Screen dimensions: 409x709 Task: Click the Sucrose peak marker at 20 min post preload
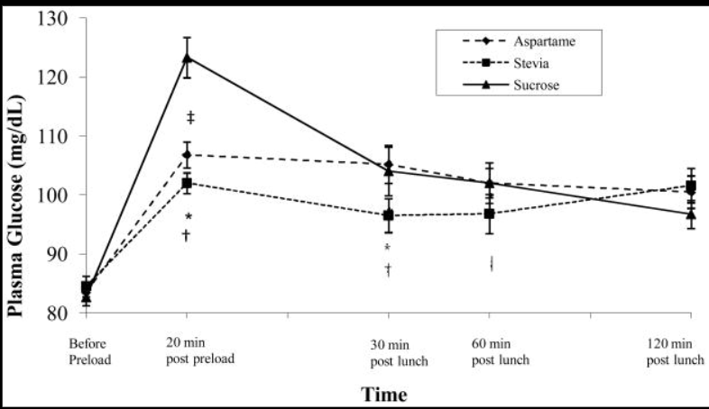(187, 58)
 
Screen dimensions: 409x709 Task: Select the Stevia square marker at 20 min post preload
(187, 183)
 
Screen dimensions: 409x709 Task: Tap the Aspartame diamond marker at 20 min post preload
(187, 155)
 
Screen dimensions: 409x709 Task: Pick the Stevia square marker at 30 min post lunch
(389, 215)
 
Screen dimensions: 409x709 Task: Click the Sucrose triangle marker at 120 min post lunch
(691, 214)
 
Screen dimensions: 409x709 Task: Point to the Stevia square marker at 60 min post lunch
(490, 214)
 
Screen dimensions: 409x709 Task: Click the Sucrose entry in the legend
(531, 86)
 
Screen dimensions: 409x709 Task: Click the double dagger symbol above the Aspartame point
(190, 118)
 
